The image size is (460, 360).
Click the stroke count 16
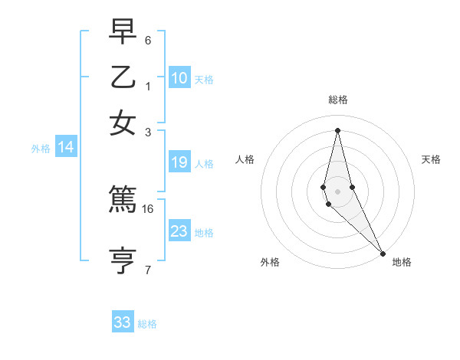tap(149, 208)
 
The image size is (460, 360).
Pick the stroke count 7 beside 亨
tap(148, 269)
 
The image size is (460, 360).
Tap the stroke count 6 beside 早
tap(148, 40)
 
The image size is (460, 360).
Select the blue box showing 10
tap(179, 77)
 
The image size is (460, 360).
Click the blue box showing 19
tap(179, 162)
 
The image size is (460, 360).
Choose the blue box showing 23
tap(179, 231)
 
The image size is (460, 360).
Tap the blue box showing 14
tap(65, 147)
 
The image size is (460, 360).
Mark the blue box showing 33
tap(123, 322)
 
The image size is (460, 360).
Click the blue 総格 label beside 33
tap(147, 324)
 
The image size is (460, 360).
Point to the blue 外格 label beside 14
tap(40, 149)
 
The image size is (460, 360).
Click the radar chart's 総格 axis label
tap(338, 100)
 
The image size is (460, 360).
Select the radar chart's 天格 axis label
tap(431, 159)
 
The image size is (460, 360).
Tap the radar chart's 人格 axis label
tap(245, 159)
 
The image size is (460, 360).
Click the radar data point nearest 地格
tap(383, 254)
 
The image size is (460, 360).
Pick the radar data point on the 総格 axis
tap(337, 130)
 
